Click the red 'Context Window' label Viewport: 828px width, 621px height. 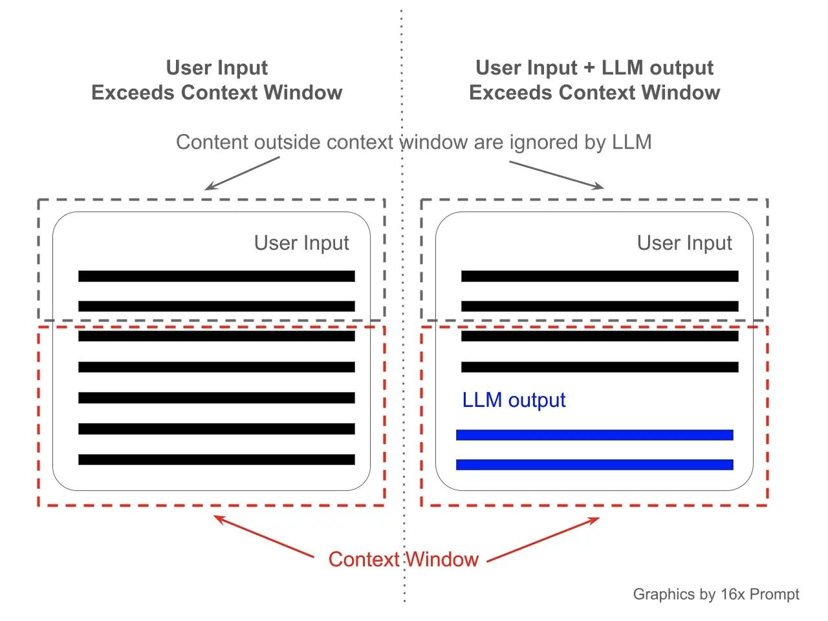tap(403, 559)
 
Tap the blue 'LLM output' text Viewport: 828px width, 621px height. tap(514, 400)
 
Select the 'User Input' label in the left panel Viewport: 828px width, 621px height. tap(301, 243)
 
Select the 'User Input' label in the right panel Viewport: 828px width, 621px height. tap(684, 243)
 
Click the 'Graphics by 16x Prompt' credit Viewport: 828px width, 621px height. tap(716, 594)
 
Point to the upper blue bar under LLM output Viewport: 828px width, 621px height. tap(594, 435)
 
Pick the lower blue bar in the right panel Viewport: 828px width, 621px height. tap(594, 464)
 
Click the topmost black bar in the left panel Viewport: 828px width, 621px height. tap(217, 276)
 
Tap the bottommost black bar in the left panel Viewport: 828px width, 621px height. tap(217, 460)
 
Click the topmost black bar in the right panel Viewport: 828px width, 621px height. tap(600, 276)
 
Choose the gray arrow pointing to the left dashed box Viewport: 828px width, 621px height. tap(242, 173)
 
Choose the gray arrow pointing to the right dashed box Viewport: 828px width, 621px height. tap(556, 175)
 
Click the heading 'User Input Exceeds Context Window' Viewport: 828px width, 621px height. tap(217, 80)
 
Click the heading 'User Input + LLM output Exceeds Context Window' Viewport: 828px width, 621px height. tap(594, 80)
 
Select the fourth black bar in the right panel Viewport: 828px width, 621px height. tap(600, 367)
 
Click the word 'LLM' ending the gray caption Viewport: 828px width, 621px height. tap(631, 142)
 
